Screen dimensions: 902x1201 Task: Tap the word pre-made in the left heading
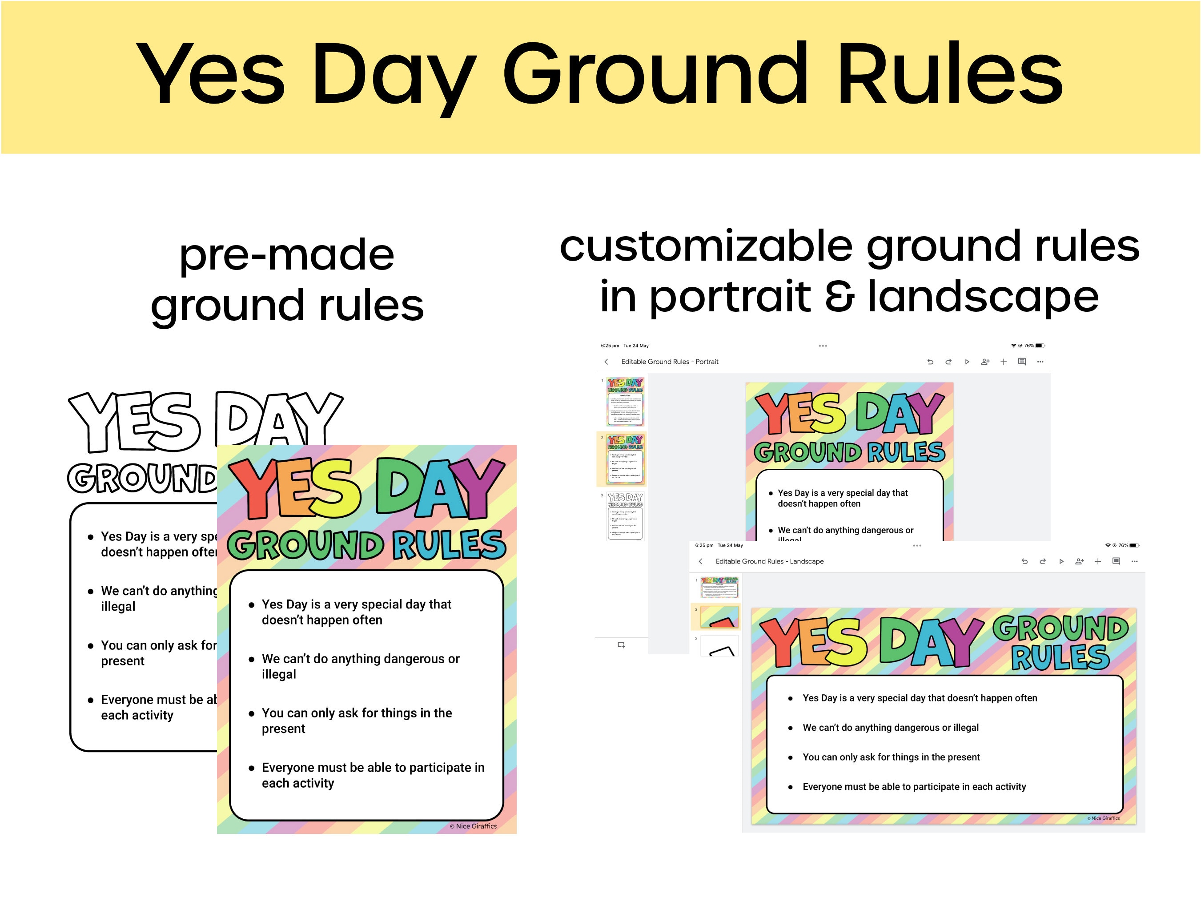pos(287,255)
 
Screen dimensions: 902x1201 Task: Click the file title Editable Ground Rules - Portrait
pos(670,362)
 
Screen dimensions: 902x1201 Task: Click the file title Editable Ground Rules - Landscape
pos(769,561)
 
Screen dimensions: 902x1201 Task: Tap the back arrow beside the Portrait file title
pos(607,362)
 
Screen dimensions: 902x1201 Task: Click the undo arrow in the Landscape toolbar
pos(1024,561)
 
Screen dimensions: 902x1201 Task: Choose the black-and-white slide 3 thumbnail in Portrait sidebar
pos(625,516)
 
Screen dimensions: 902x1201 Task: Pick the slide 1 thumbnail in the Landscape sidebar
pos(719,587)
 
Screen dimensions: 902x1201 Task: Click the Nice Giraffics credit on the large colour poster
pos(474,826)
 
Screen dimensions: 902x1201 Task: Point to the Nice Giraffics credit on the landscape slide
pos(1103,818)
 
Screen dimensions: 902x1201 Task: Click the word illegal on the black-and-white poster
pos(118,607)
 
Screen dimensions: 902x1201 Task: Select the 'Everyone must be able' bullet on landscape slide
pos(914,787)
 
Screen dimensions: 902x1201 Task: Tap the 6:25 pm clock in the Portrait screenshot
pos(610,346)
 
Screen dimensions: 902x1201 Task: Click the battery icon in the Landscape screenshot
pos(1134,545)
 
